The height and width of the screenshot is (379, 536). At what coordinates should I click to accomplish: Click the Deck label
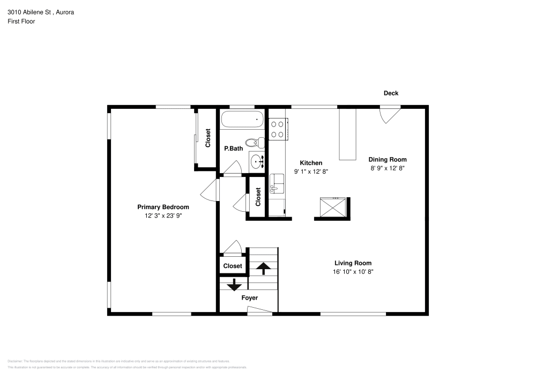tap(391, 93)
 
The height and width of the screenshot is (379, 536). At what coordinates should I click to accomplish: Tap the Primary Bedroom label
tap(163, 207)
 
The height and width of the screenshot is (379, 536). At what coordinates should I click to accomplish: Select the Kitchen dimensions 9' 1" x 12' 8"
tap(311, 172)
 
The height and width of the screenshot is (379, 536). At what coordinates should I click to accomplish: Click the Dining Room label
tap(387, 159)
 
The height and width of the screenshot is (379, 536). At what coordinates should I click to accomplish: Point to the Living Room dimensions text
tap(353, 272)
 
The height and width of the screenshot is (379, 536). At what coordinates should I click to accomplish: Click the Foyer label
tap(249, 298)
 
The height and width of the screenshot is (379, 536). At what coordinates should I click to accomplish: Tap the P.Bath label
tap(233, 148)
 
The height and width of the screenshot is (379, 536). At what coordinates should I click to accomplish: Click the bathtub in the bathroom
tap(243, 119)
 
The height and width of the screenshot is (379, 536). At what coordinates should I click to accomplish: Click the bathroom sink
tap(257, 160)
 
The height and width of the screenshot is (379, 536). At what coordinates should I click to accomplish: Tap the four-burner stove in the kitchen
tap(278, 129)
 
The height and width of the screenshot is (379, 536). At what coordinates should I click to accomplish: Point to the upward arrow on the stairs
tap(263, 267)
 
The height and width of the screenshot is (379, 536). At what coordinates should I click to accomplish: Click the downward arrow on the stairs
tap(234, 285)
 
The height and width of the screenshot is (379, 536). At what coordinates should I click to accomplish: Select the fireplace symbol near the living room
tap(332, 206)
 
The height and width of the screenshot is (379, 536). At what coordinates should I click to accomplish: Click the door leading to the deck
tap(390, 114)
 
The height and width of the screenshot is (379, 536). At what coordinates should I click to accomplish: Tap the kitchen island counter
tap(348, 134)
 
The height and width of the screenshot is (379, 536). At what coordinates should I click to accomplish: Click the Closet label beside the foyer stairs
tap(233, 266)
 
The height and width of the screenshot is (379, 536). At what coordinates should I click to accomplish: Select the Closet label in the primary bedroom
tap(208, 138)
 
